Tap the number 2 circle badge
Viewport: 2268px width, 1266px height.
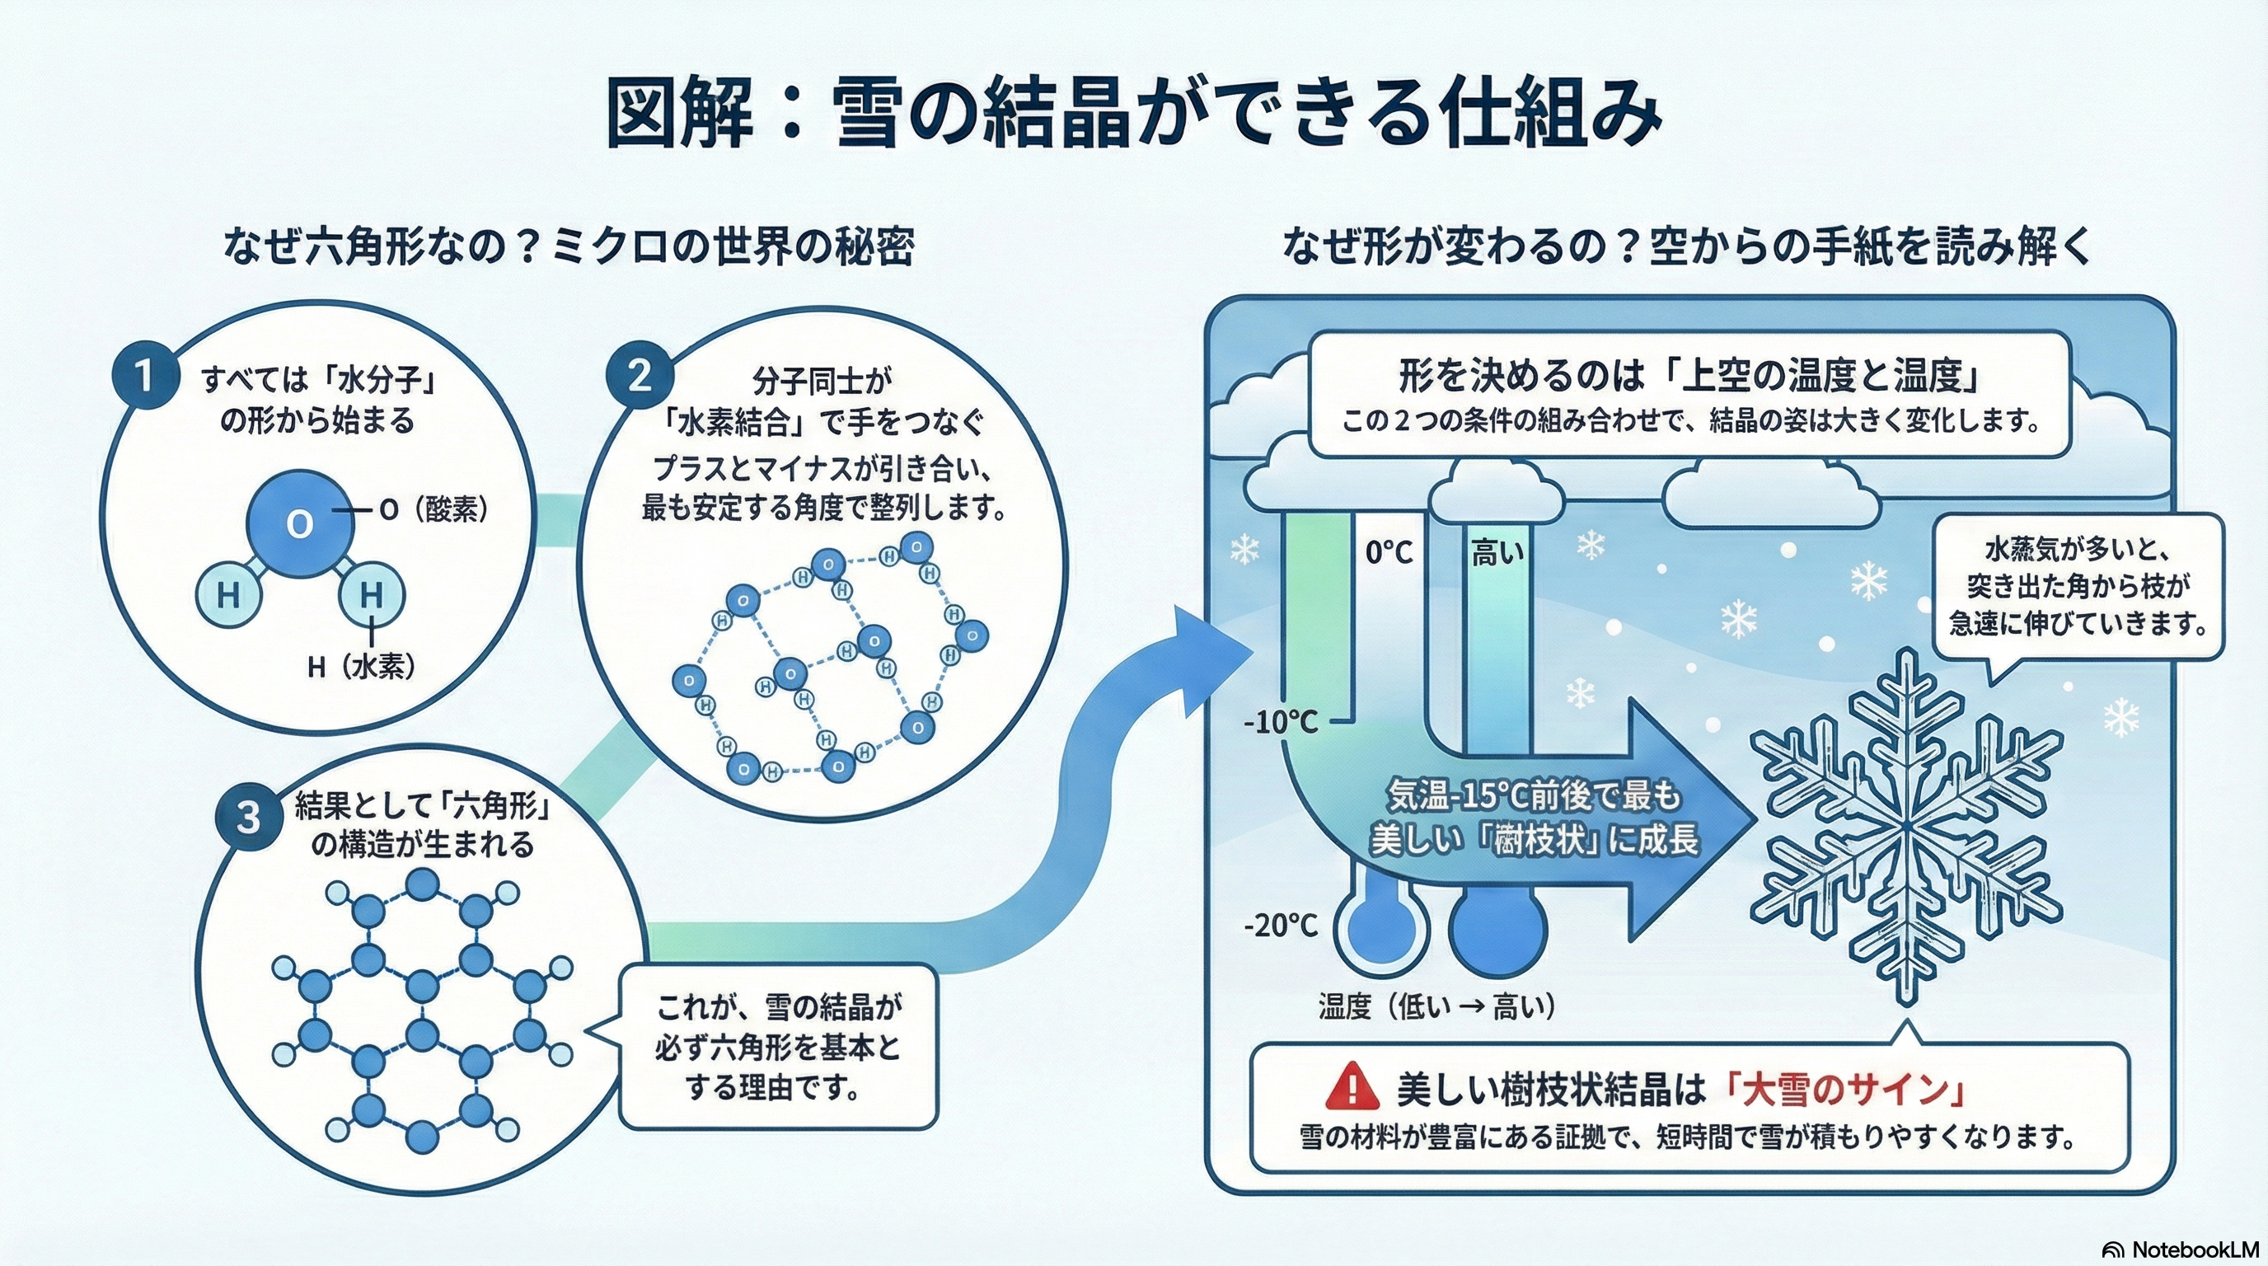pyautogui.click(x=640, y=376)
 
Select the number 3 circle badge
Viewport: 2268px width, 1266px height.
pyautogui.click(x=248, y=817)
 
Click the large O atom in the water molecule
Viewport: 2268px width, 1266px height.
pyautogui.click(x=299, y=524)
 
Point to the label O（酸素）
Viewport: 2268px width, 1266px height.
pyautogui.click(x=433, y=509)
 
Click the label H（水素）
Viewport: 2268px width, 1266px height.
pyautogui.click(x=361, y=668)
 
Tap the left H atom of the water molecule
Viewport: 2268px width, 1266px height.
pyautogui.click(x=228, y=596)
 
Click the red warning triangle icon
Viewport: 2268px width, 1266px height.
pyautogui.click(x=1352, y=1086)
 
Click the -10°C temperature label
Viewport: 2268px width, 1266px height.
pyautogui.click(x=1281, y=723)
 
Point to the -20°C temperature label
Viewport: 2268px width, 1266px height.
pyautogui.click(x=1281, y=926)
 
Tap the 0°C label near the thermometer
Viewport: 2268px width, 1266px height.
pyautogui.click(x=1389, y=553)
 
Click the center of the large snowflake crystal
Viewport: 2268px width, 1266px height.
pyautogui.click(x=1906, y=828)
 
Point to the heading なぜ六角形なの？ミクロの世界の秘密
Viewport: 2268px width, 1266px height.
pyautogui.click(x=569, y=246)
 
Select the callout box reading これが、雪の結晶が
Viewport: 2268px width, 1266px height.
pyautogui.click(x=777, y=1047)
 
